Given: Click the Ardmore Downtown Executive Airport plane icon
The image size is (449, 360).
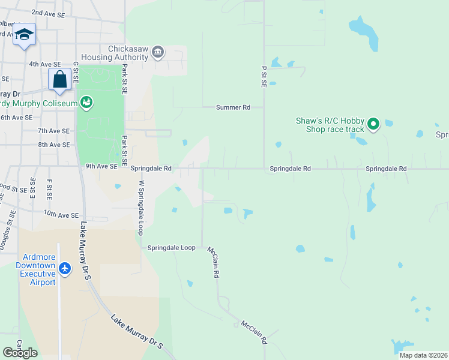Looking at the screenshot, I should [65, 268].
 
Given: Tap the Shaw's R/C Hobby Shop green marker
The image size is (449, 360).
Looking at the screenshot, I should [373, 125].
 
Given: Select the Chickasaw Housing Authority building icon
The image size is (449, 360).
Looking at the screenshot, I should [158, 52].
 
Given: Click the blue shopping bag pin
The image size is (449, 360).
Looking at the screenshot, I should [60, 79].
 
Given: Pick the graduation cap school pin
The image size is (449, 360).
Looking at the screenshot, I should [24, 35].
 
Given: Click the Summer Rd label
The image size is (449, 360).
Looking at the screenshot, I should [233, 107].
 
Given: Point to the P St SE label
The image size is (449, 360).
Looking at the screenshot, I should [264, 77].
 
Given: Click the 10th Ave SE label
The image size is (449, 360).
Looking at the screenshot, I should [61, 214].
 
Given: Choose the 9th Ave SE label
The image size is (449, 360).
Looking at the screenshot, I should [101, 167].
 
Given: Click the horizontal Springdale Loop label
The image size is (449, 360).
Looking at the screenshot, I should [172, 247].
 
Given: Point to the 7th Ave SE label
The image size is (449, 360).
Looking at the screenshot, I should [54, 131].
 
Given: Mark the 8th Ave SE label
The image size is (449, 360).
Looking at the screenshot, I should [54, 145].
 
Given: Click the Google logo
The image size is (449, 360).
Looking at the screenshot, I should [20, 352].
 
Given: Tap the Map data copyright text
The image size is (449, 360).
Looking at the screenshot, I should [423, 355].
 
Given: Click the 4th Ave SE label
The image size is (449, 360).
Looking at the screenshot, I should [44, 64].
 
